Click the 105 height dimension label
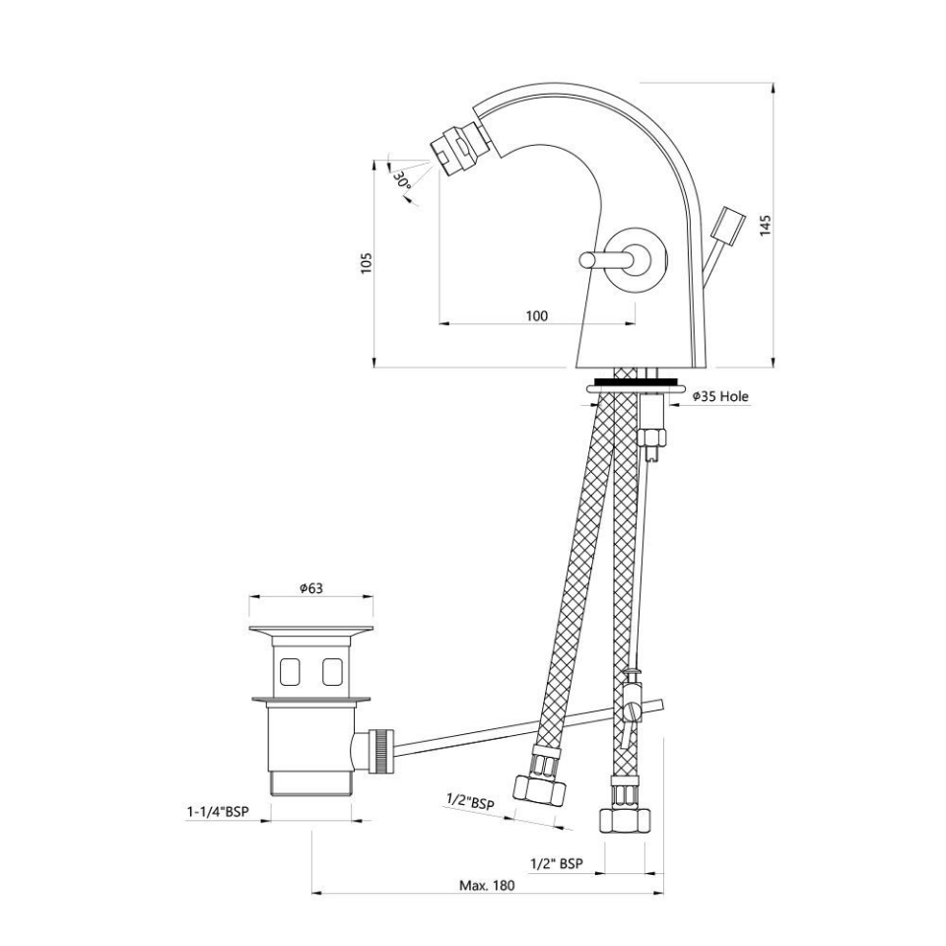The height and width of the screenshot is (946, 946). (x=367, y=263)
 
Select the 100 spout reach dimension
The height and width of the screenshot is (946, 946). (x=536, y=315)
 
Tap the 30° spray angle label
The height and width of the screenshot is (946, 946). (x=401, y=180)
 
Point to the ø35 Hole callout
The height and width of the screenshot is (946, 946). (x=719, y=396)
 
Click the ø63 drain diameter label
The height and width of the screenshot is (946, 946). (x=311, y=588)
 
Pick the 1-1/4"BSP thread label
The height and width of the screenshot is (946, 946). (x=217, y=812)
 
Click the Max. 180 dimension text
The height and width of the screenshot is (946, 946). (x=487, y=885)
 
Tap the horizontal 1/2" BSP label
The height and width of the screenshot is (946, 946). (x=557, y=863)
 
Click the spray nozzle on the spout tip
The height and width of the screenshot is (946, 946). (x=454, y=149)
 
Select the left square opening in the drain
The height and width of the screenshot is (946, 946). (x=292, y=671)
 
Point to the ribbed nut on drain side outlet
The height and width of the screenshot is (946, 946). (x=379, y=751)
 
